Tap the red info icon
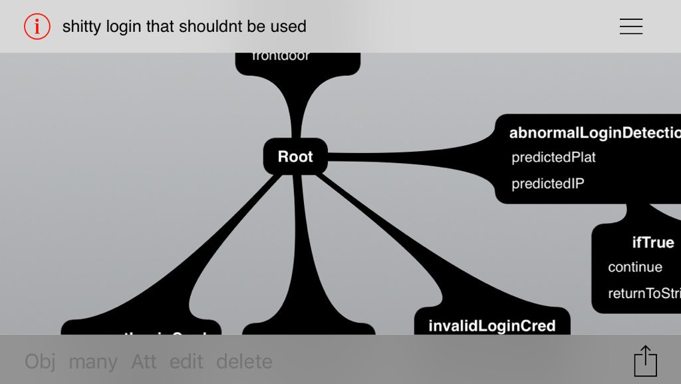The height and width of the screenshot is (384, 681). (x=37, y=27)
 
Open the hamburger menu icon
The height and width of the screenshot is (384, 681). (x=630, y=27)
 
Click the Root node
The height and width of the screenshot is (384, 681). (x=295, y=156)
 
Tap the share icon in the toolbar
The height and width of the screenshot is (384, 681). (x=645, y=361)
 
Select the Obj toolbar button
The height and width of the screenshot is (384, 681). (x=40, y=361)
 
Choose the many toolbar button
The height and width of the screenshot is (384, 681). (x=93, y=361)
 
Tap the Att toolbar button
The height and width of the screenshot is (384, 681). (x=144, y=361)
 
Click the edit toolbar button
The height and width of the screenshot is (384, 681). (x=186, y=361)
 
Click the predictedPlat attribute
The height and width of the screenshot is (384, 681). (x=553, y=158)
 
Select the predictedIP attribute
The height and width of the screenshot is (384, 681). (x=548, y=184)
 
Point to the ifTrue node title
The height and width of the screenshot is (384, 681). (x=653, y=242)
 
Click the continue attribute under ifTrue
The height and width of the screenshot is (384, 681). (x=635, y=267)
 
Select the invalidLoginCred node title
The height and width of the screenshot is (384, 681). (x=491, y=325)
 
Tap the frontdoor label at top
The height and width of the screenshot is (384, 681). (x=281, y=57)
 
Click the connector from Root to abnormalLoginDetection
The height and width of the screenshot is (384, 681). (x=412, y=157)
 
